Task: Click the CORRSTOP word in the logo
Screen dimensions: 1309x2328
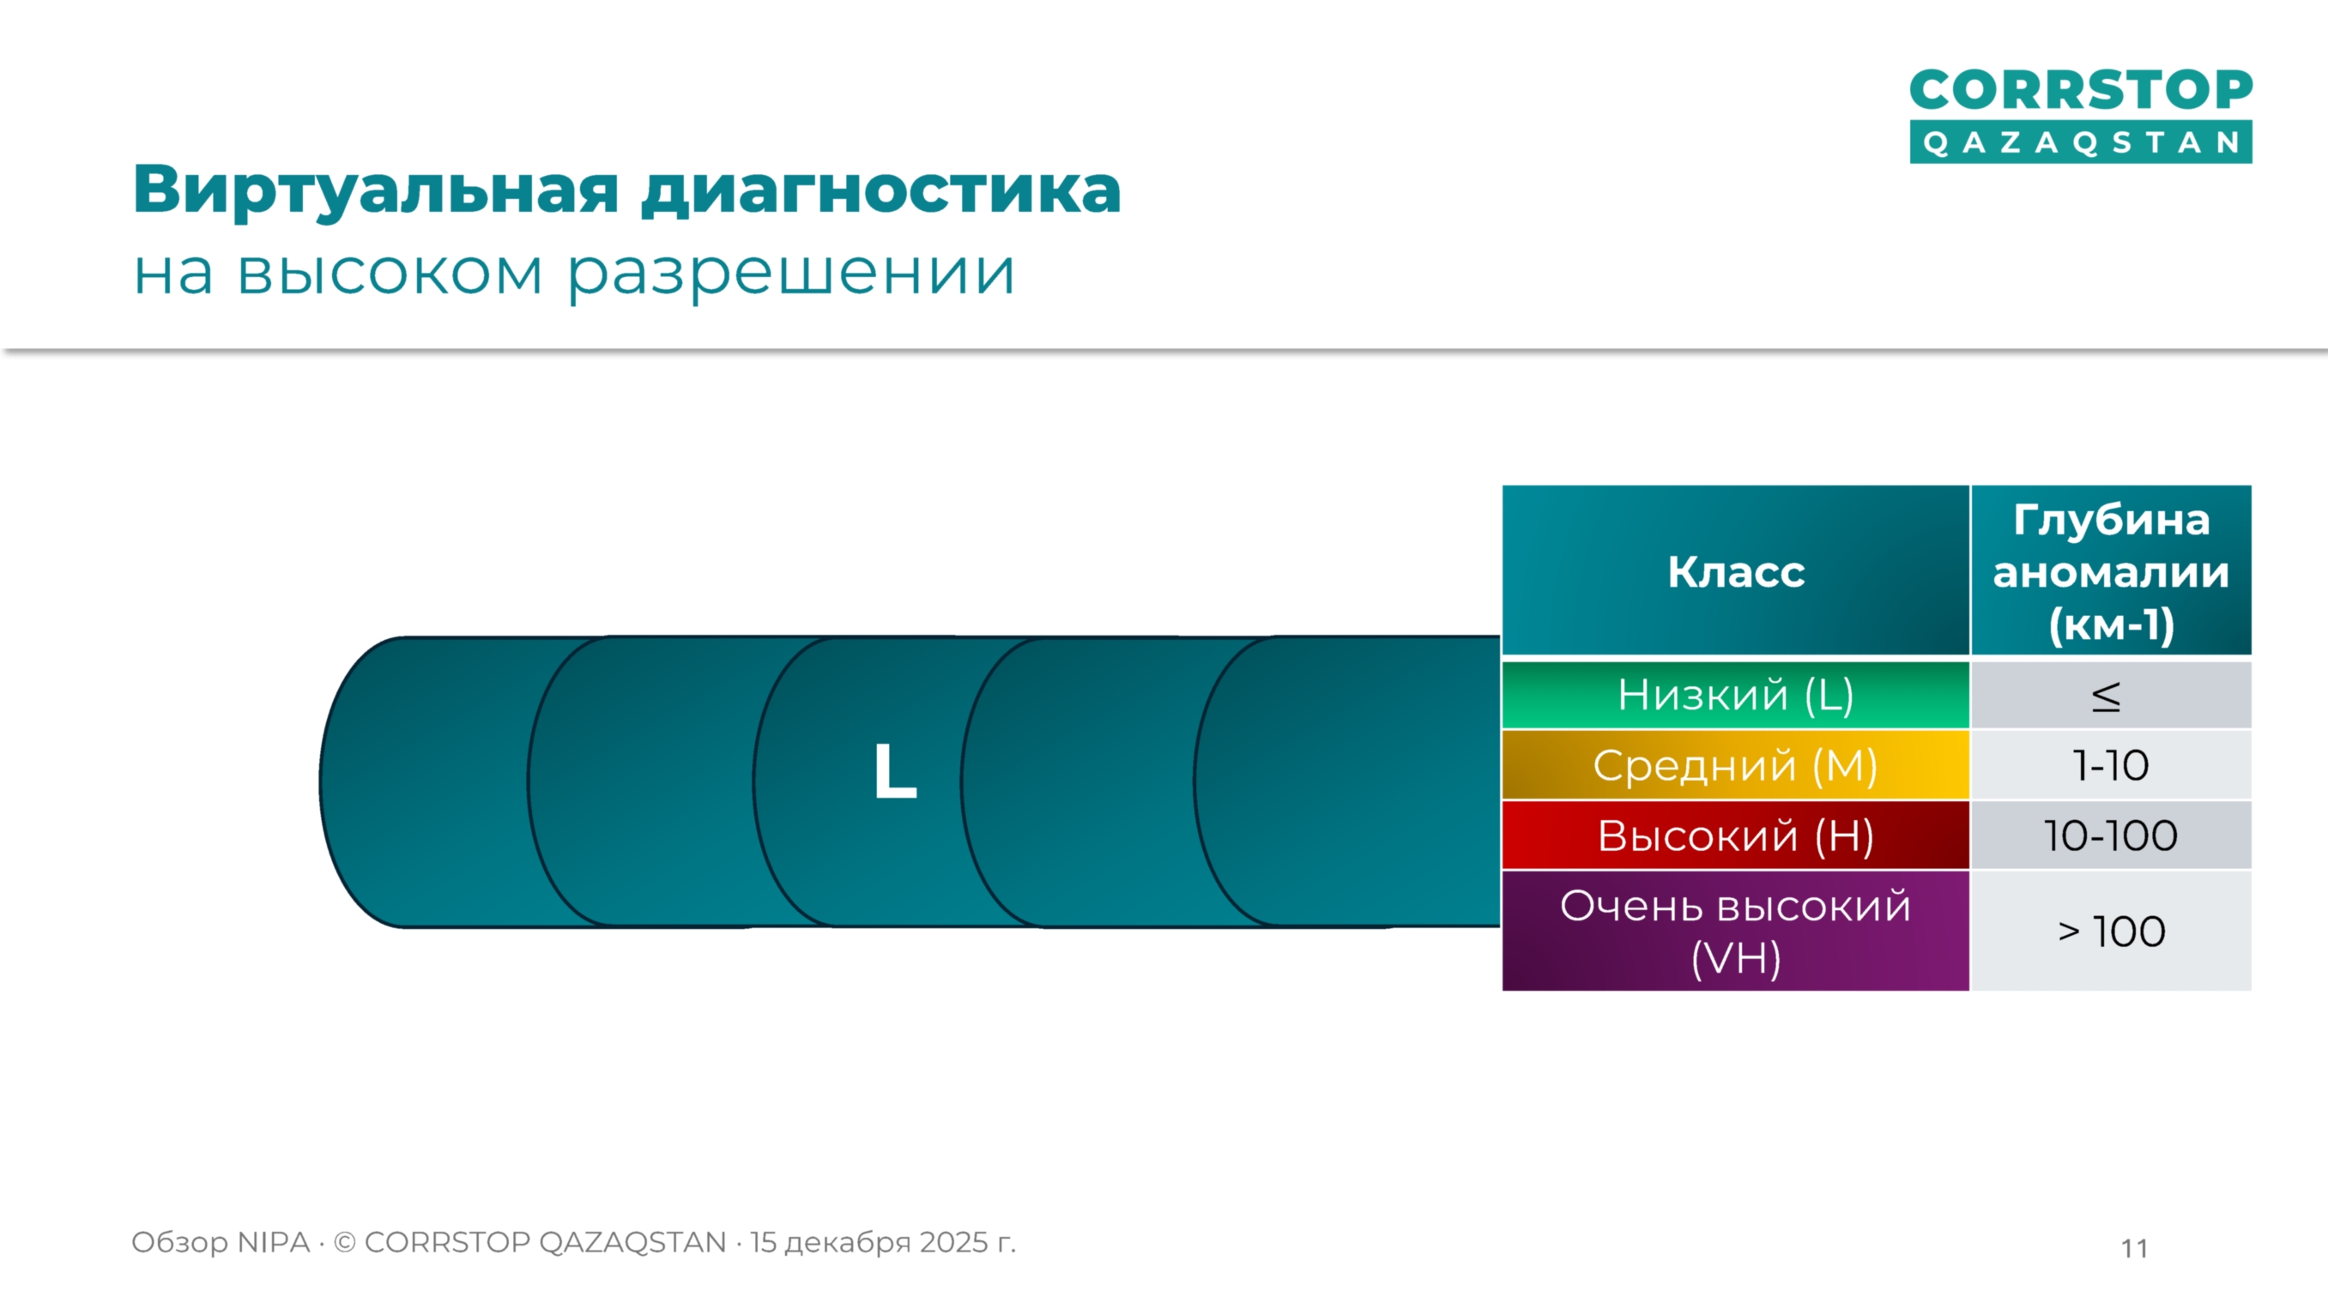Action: coord(2080,90)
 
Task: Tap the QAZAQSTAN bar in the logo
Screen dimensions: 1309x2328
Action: coord(2080,142)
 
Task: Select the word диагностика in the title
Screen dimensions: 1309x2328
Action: coord(881,190)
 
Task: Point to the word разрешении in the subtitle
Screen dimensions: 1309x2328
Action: coord(792,274)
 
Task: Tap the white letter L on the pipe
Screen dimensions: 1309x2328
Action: coord(895,771)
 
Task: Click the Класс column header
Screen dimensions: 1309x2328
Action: coord(1735,571)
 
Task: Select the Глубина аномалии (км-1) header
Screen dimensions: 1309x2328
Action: coord(2110,571)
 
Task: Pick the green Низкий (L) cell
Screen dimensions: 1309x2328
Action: coord(1735,695)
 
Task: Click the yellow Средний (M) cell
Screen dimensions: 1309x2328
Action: coord(1735,765)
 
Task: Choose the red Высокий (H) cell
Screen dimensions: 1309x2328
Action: coord(1735,835)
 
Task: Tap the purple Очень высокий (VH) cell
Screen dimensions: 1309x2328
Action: coord(1735,931)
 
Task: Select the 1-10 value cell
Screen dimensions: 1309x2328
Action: coord(2110,766)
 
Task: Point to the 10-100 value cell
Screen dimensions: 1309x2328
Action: coord(2110,835)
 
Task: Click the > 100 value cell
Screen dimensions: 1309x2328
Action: coord(2110,932)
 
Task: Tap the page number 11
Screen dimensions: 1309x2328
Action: coord(2134,1248)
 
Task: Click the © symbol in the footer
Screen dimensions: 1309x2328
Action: coord(344,1243)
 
